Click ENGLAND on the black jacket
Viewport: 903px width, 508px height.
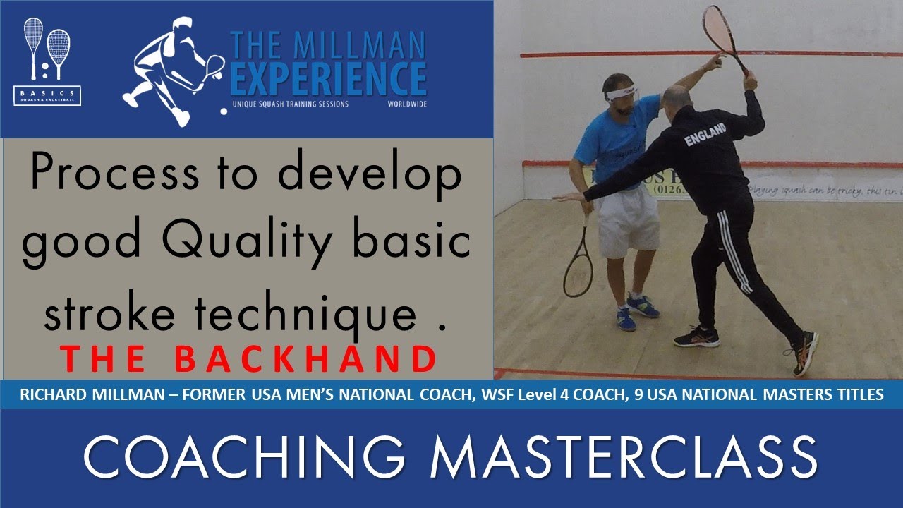[705, 135]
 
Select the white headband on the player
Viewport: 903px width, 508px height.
[621, 92]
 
